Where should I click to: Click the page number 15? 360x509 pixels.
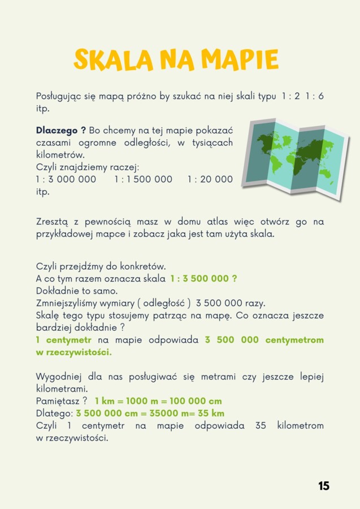(324, 486)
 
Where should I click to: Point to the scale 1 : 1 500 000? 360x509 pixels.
(143, 179)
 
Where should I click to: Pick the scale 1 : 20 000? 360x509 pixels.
(210, 179)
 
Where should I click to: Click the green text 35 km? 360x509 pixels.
(211, 413)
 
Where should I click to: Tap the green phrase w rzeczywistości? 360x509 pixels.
(73, 352)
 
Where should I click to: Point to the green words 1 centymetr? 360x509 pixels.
(64, 340)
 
